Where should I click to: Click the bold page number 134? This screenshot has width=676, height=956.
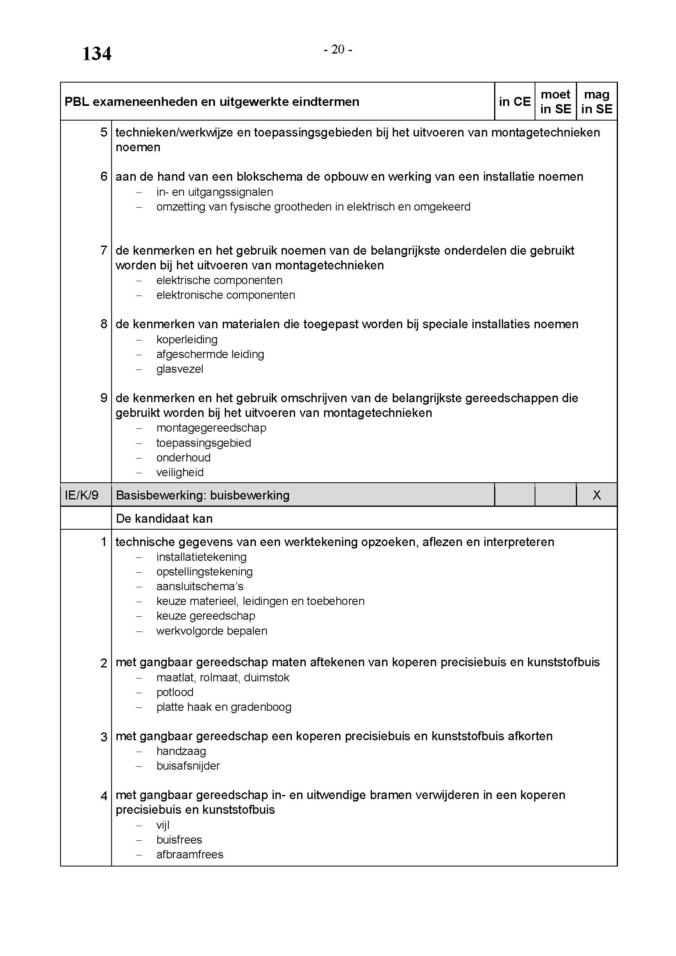click(96, 54)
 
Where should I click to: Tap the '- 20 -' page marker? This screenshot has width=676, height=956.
click(338, 50)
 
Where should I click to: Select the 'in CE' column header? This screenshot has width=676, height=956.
click(515, 102)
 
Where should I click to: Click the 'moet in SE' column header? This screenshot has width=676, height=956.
click(555, 102)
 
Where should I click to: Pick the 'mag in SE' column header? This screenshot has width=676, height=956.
click(596, 102)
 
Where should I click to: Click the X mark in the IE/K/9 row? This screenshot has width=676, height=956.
click(596, 495)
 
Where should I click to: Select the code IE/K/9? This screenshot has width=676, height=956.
click(82, 495)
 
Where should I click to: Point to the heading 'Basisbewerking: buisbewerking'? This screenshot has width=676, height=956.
click(202, 495)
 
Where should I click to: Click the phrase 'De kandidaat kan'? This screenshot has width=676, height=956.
click(164, 518)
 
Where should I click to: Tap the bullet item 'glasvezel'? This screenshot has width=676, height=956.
click(180, 369)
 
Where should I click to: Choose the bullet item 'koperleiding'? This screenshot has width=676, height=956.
click(187, 339)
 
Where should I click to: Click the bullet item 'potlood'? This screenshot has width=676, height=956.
click(175, 692)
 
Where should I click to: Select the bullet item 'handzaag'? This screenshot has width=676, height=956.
click(181, 751)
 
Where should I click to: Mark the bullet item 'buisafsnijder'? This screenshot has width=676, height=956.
click(188, 766)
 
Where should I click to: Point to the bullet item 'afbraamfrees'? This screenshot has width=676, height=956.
click(190, 854)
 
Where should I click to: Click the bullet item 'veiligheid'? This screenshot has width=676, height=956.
click(180, 472)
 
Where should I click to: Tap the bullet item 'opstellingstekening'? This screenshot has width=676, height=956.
click(204, 572)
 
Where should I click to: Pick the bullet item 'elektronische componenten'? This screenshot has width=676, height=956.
click(226, 295)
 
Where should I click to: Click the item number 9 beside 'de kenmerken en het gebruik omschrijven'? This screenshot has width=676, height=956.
click(104, 398)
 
